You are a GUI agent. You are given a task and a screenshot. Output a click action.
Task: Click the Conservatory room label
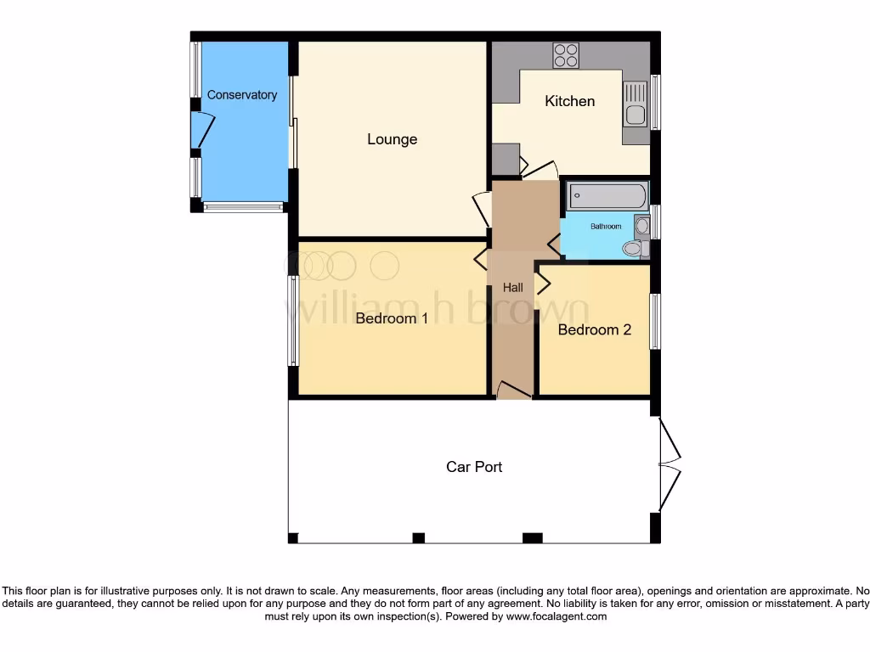pyautogui.click(x=242, y=95)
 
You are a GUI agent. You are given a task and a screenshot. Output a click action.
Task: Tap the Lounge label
pyautogui.click(x=392, y=139)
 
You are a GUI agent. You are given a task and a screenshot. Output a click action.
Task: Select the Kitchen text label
pyautogui.click(x=569, y=101)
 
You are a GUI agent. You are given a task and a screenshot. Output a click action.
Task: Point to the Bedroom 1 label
pyautogui.click(x=392, y=318)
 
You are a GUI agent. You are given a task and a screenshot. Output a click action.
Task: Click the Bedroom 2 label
pyautogui.click(x=594, y=329)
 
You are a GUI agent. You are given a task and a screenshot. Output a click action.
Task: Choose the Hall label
pyautogui.click(x=512, y=288)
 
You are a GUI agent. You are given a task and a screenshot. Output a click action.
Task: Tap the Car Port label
pyautogui.click(x=474, y=467)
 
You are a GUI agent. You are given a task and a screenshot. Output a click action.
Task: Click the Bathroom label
pyautogui.click(x=606, y=227)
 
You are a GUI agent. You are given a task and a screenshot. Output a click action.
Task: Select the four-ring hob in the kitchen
pyautogui.click(x=566, y=55)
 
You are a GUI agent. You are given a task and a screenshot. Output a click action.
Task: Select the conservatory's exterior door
pyautogui.click(x=202, y=130)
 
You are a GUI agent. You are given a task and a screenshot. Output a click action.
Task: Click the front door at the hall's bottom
pyautogui.click(x=513, y=391)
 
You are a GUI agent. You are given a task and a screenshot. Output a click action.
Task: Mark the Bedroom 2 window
pyautogui.click(x=655, y=322)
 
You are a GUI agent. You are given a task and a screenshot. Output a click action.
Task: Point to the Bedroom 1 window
pyautogui.click(x=292, y=321)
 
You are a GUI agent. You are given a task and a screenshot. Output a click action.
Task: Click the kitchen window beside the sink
pyautogui.click(x=655, y=103)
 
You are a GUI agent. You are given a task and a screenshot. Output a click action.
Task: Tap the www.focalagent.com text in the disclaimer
pyautogui.click(x=556, y=617)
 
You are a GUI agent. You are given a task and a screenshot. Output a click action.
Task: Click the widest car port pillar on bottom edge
pyautogui.click(x=532, y=537)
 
